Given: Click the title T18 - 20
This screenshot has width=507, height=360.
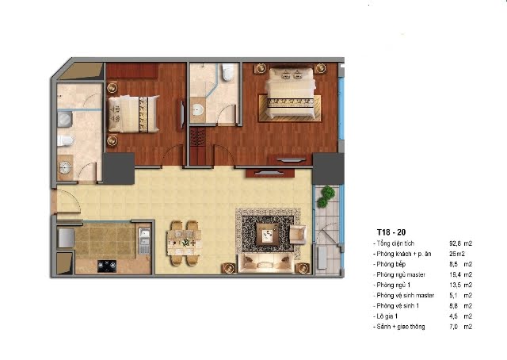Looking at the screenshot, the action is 391,232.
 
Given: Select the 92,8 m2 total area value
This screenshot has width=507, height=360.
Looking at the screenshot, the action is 461,243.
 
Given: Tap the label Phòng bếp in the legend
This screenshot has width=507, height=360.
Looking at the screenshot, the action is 391,264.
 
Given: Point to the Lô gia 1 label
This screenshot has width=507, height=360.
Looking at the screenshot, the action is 387,316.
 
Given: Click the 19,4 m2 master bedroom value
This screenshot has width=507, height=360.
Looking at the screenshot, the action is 461,274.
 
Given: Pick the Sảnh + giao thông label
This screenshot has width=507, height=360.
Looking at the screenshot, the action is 401,327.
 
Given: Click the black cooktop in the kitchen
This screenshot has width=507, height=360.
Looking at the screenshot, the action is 107,266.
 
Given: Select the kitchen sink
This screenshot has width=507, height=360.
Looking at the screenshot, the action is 144,241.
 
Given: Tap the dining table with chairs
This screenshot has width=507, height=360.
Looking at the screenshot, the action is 185,243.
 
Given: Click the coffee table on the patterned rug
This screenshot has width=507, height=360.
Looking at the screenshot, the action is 268,234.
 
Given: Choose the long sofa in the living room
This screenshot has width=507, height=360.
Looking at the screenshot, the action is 266,263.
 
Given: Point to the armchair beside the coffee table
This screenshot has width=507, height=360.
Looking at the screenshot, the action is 298,235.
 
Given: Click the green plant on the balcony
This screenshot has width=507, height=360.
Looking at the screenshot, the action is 326,196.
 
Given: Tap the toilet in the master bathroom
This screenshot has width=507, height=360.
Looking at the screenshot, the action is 228,71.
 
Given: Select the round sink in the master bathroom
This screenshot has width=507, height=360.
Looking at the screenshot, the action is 197,110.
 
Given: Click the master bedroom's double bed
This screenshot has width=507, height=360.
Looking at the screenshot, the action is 290,94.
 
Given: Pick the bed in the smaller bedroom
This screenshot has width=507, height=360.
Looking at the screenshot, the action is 134,114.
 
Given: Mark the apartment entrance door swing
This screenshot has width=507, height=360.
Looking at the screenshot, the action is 68,201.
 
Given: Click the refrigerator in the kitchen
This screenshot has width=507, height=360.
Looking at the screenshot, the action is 66,238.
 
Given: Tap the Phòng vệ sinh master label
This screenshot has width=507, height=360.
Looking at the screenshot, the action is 405,296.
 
